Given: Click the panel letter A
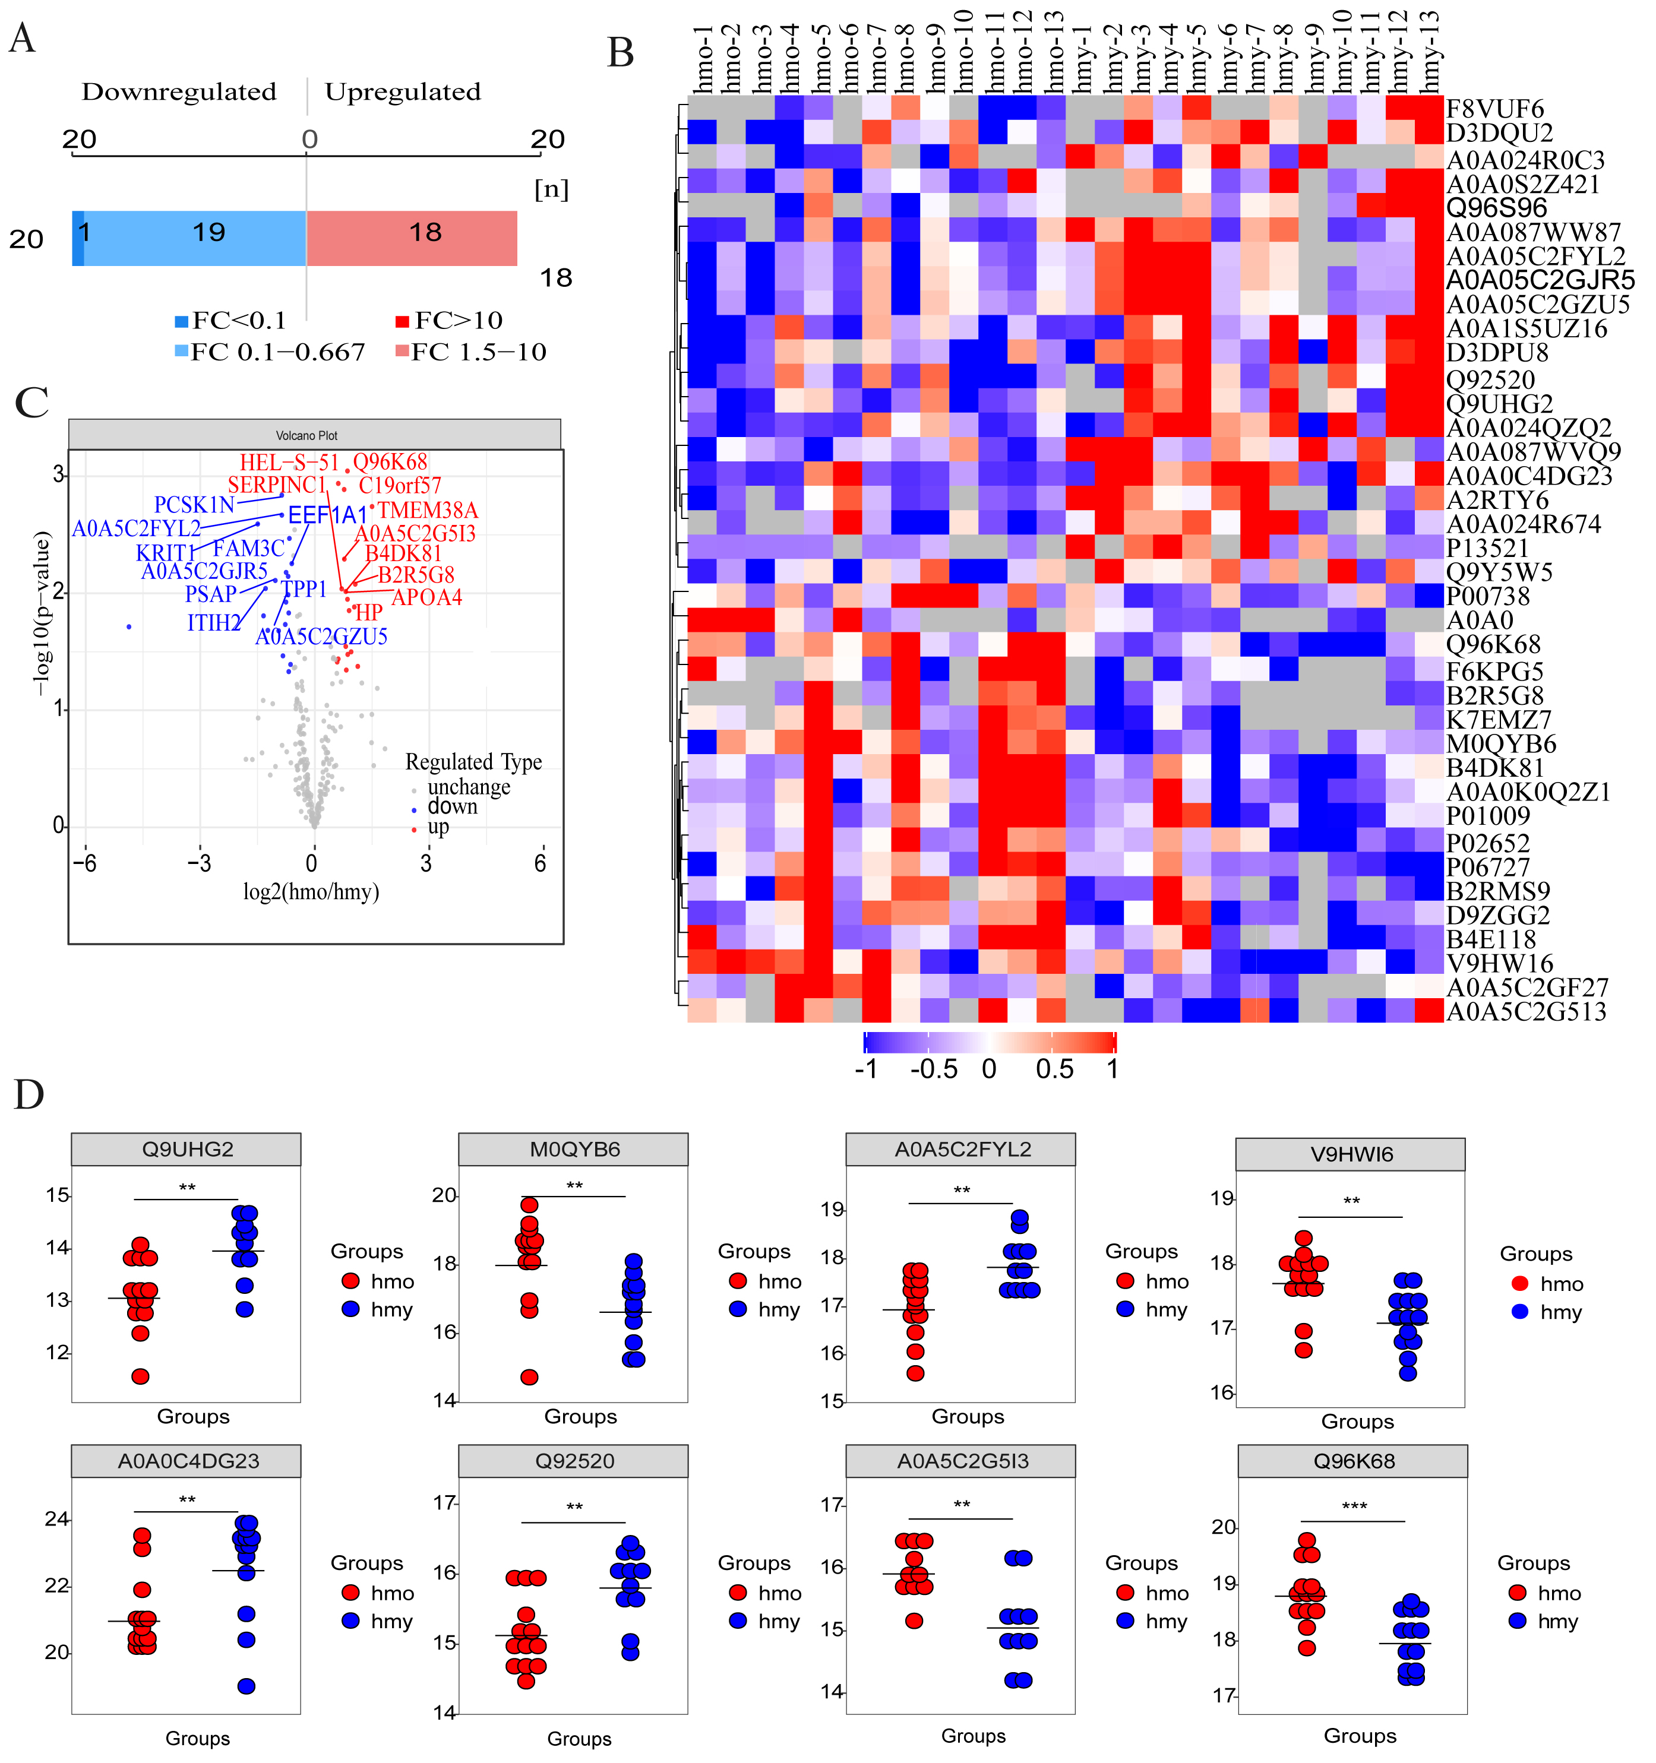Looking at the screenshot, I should [x=22, y=39].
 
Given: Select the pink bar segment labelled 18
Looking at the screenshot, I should [x=412, y=238].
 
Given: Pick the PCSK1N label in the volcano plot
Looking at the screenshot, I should [x=194, y=505].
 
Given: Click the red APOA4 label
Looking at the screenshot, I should [x=426, y=598].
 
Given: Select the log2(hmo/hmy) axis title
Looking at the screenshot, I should [x=311, y=891].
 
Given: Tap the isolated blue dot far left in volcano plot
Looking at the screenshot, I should [x=129, y=627].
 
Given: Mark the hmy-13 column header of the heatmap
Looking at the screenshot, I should [x=1430, y=53].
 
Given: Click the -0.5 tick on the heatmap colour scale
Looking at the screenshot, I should [x=933, y=1069].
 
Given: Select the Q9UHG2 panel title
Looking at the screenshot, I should [x=187, y=1150].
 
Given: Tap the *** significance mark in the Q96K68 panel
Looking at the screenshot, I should [x=1354, y=1506].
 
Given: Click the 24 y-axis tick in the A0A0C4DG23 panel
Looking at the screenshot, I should [x=57, y=1519].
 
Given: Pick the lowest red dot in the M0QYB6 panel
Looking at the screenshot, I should [x=530, y=1377].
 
